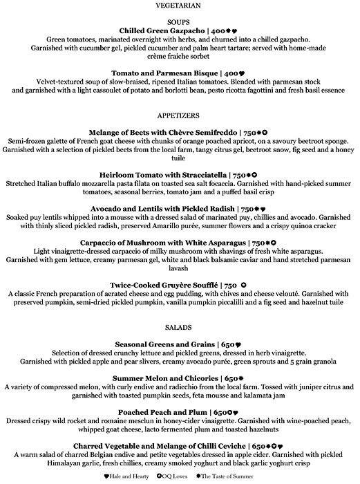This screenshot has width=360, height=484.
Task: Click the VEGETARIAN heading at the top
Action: [180, 6]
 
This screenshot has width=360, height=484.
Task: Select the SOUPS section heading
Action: [180, 21]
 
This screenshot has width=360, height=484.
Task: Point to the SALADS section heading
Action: [180, 325]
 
